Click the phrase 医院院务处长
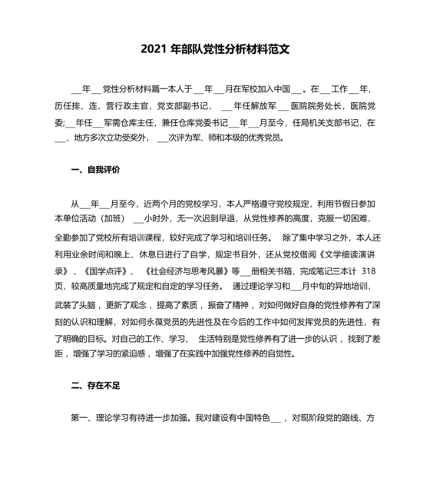[x=313, y=106]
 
